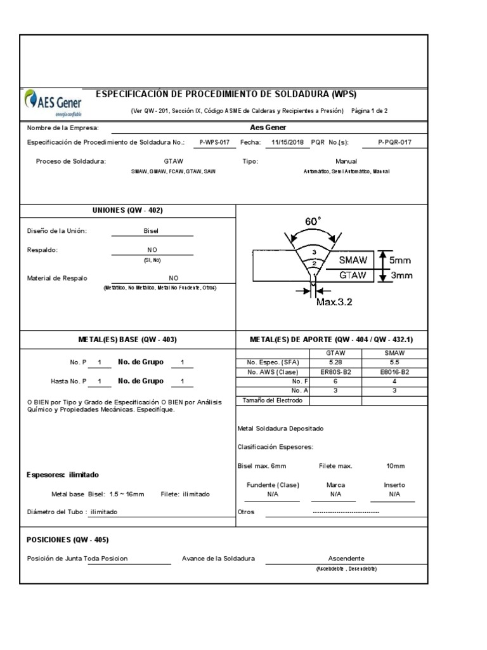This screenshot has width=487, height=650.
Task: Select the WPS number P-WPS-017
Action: point(214,143)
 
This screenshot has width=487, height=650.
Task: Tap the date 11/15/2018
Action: point(288,143)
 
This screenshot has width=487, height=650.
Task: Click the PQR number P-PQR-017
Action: point(394,143)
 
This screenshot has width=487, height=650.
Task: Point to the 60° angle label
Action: point(313,222)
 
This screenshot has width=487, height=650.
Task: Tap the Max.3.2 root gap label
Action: point(334,302)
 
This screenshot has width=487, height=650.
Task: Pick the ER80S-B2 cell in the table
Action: point(335,372)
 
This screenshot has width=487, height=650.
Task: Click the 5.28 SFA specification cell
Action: point(335,362)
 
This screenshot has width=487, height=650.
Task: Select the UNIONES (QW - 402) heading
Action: point(128,210)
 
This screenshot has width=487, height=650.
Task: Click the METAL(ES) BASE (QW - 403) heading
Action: point(127,340)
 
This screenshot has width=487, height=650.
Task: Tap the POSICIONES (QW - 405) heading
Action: point(67,540)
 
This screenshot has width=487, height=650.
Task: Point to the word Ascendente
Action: point(346,558)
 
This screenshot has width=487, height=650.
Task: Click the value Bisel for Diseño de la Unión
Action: point(152,231)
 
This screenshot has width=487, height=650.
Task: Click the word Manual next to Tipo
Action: point(346,161)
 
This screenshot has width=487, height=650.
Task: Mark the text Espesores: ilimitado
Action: point(63,475)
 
